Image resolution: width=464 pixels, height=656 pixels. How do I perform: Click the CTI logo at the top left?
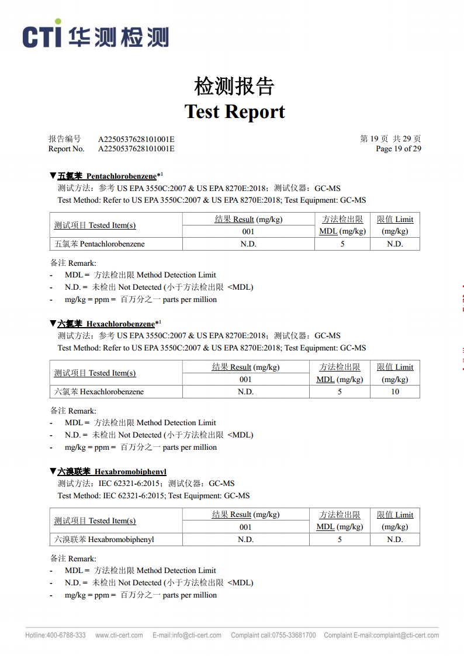(96, 36)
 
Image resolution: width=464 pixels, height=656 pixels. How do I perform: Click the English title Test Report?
(234, 112)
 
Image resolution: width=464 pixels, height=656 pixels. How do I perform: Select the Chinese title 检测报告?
(234, 86)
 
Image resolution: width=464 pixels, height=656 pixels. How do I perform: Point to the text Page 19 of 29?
(398, 149)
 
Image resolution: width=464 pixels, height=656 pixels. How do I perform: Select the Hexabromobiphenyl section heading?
(112, 471)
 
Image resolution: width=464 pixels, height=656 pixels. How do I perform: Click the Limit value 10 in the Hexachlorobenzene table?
(395, 392)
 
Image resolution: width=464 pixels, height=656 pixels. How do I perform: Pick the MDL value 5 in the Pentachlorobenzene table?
(342, 244)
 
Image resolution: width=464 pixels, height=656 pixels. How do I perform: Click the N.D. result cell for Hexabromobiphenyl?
(245, 540)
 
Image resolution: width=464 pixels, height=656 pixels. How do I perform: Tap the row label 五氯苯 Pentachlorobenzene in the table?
(99, 244)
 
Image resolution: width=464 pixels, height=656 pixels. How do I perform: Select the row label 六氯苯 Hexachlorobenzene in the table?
(99, 392)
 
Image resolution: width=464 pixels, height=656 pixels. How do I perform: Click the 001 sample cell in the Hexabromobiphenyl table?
(245, 527)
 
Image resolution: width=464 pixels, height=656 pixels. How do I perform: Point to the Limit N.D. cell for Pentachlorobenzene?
(395, 244)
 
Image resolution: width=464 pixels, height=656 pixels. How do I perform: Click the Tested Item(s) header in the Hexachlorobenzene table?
(95, 373)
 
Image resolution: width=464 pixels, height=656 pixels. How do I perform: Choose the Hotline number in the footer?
(56, 636)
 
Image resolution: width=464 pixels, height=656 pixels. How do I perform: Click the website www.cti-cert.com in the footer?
(119, 636)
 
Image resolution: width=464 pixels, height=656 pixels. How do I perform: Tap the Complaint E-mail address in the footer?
(381, 636)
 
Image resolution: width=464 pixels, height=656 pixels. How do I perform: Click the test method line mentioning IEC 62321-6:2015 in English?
(153, 496)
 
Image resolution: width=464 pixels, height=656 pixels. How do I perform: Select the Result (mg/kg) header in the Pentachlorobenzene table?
(248, 220)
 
